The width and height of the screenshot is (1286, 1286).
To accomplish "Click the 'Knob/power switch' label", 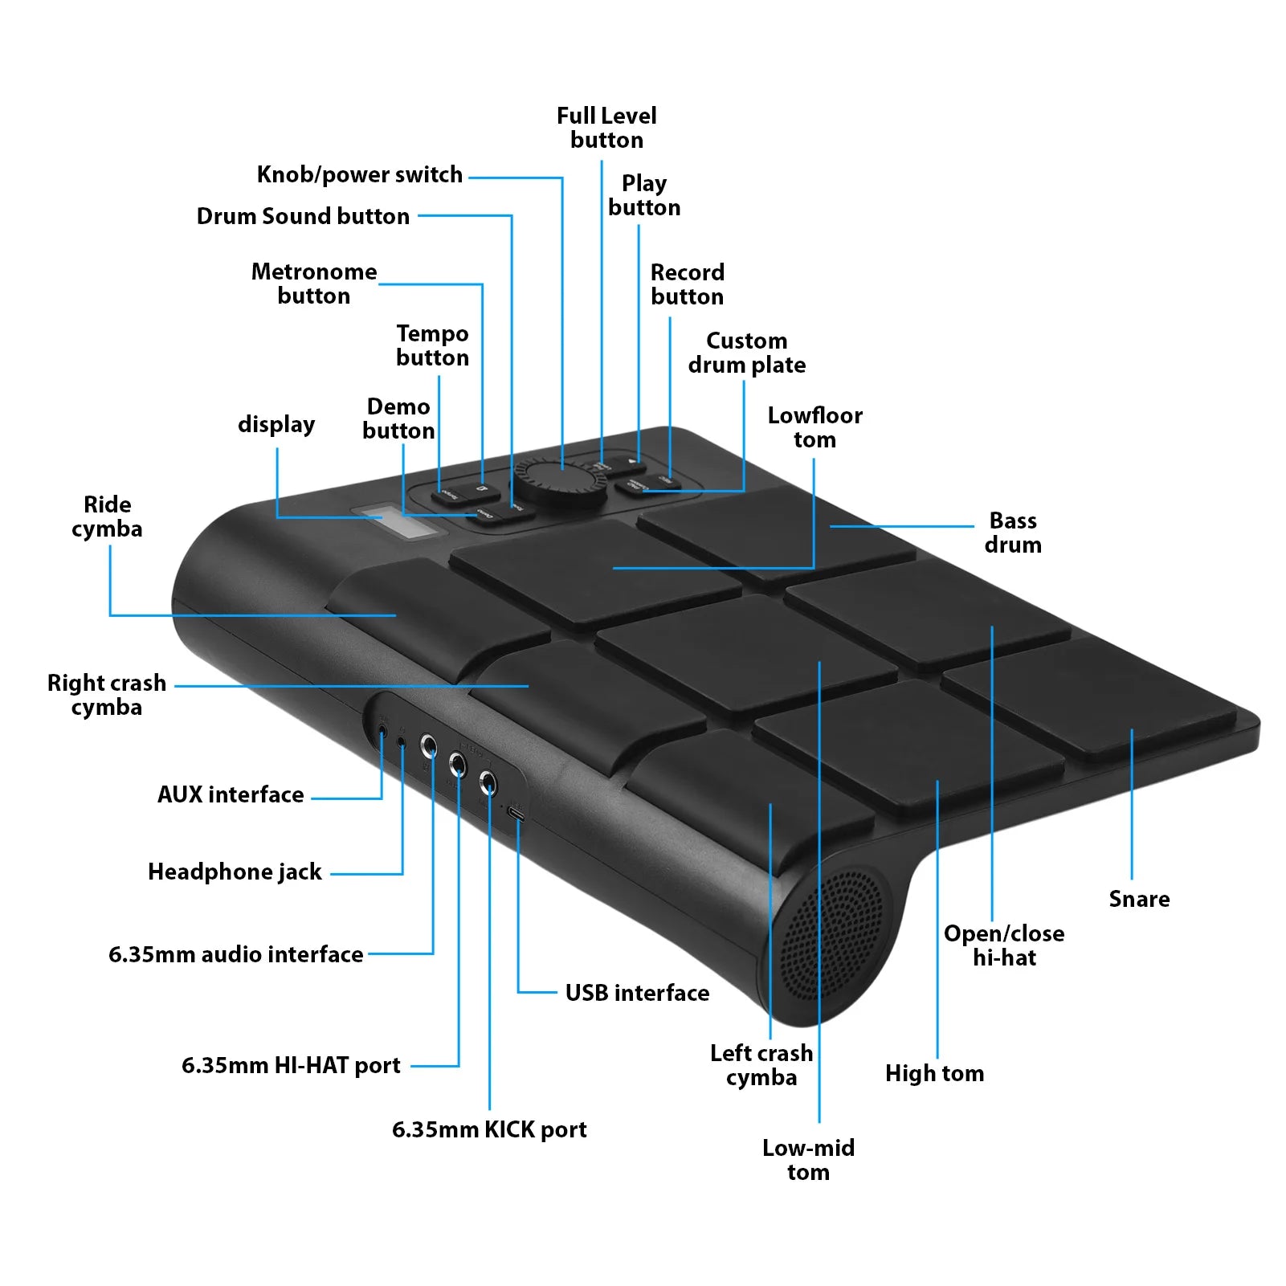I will (359, 174).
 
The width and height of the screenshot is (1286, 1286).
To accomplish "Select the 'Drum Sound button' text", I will (303, 216).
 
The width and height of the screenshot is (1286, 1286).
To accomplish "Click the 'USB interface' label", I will (637, 993).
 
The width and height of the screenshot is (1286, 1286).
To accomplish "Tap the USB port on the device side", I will (517, 815).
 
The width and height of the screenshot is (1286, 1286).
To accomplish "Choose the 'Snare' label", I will (1139, 899).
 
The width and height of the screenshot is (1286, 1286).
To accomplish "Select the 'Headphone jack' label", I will (235, 872).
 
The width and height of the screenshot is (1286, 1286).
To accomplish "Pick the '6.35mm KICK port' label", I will (489, 1129).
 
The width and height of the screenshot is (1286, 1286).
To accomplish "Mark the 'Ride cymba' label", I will (107, 516).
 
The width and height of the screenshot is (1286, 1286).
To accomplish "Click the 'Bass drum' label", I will (1013, 533).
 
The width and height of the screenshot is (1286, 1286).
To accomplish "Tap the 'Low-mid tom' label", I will (808, 1160).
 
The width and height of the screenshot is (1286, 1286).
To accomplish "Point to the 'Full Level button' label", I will (606, 128).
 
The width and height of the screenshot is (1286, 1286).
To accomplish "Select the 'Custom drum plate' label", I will (746, 353).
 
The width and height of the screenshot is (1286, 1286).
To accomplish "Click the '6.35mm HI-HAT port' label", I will (291, 1065).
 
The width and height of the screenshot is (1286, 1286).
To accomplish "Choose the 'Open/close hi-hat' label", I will (1004, 945).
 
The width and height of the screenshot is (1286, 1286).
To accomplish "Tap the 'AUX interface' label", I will (231, 794).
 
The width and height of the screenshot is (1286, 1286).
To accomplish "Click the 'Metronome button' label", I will (313, 284).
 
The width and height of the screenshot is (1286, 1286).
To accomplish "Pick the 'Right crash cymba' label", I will (106, 695).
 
